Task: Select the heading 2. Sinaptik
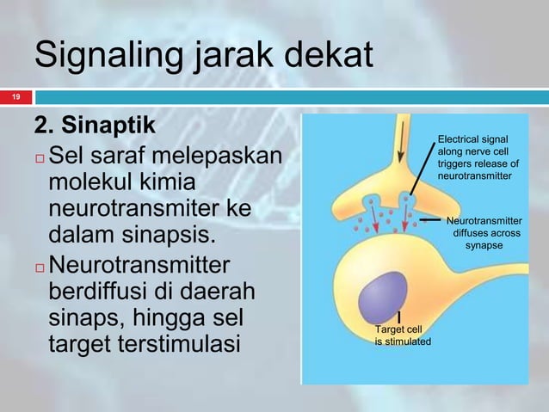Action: (x=95, y=126)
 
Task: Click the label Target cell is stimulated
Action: (x=402, y=335)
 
